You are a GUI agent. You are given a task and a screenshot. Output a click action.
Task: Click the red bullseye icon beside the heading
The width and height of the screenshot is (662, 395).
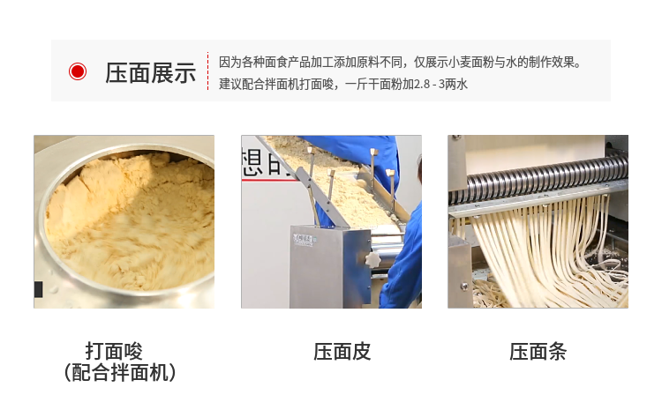coord(78,71)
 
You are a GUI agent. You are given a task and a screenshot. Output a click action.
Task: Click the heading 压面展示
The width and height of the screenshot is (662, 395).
coord(150,72)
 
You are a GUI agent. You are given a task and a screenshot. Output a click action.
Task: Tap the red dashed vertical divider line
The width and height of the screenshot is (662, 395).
coord(207,71)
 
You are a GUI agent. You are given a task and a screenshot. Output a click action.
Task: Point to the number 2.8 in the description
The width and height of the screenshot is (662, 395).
coord(421,85)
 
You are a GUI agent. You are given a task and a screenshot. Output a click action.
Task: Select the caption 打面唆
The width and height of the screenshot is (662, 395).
coord(114,351)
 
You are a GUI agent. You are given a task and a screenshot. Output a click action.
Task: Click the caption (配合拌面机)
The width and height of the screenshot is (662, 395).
coord(119,372)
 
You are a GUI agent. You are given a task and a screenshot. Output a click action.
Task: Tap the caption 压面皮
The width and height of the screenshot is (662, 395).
coord(342,352)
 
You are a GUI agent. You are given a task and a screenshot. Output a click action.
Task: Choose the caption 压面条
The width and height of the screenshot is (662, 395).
coord(538,352)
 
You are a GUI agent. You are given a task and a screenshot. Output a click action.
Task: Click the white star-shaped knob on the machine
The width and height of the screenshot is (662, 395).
coord(372,260)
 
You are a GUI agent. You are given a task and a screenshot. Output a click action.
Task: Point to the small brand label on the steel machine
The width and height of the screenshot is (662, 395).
coord(305,241)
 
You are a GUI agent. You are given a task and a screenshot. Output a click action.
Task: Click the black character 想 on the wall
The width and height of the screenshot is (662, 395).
coord(253,162)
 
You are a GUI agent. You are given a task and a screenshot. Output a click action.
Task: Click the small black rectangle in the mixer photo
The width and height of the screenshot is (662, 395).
coord(39,289)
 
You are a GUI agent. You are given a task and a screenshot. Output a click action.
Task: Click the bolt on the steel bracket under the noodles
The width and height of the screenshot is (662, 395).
coord(464,287)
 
